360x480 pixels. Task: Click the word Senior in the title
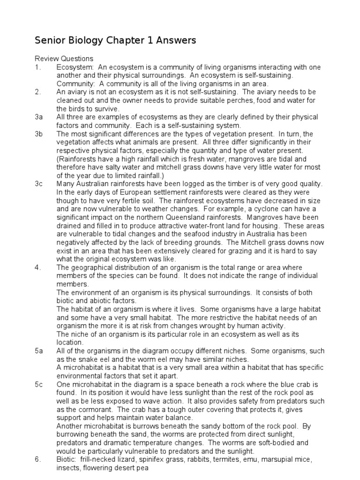coord(49,41)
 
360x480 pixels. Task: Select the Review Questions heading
coord(64,59)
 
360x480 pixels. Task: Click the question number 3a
coord(39,117)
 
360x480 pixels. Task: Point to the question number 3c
coord(39,184)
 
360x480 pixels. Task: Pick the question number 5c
coord(39,384)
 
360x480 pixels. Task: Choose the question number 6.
coord(37,459)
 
